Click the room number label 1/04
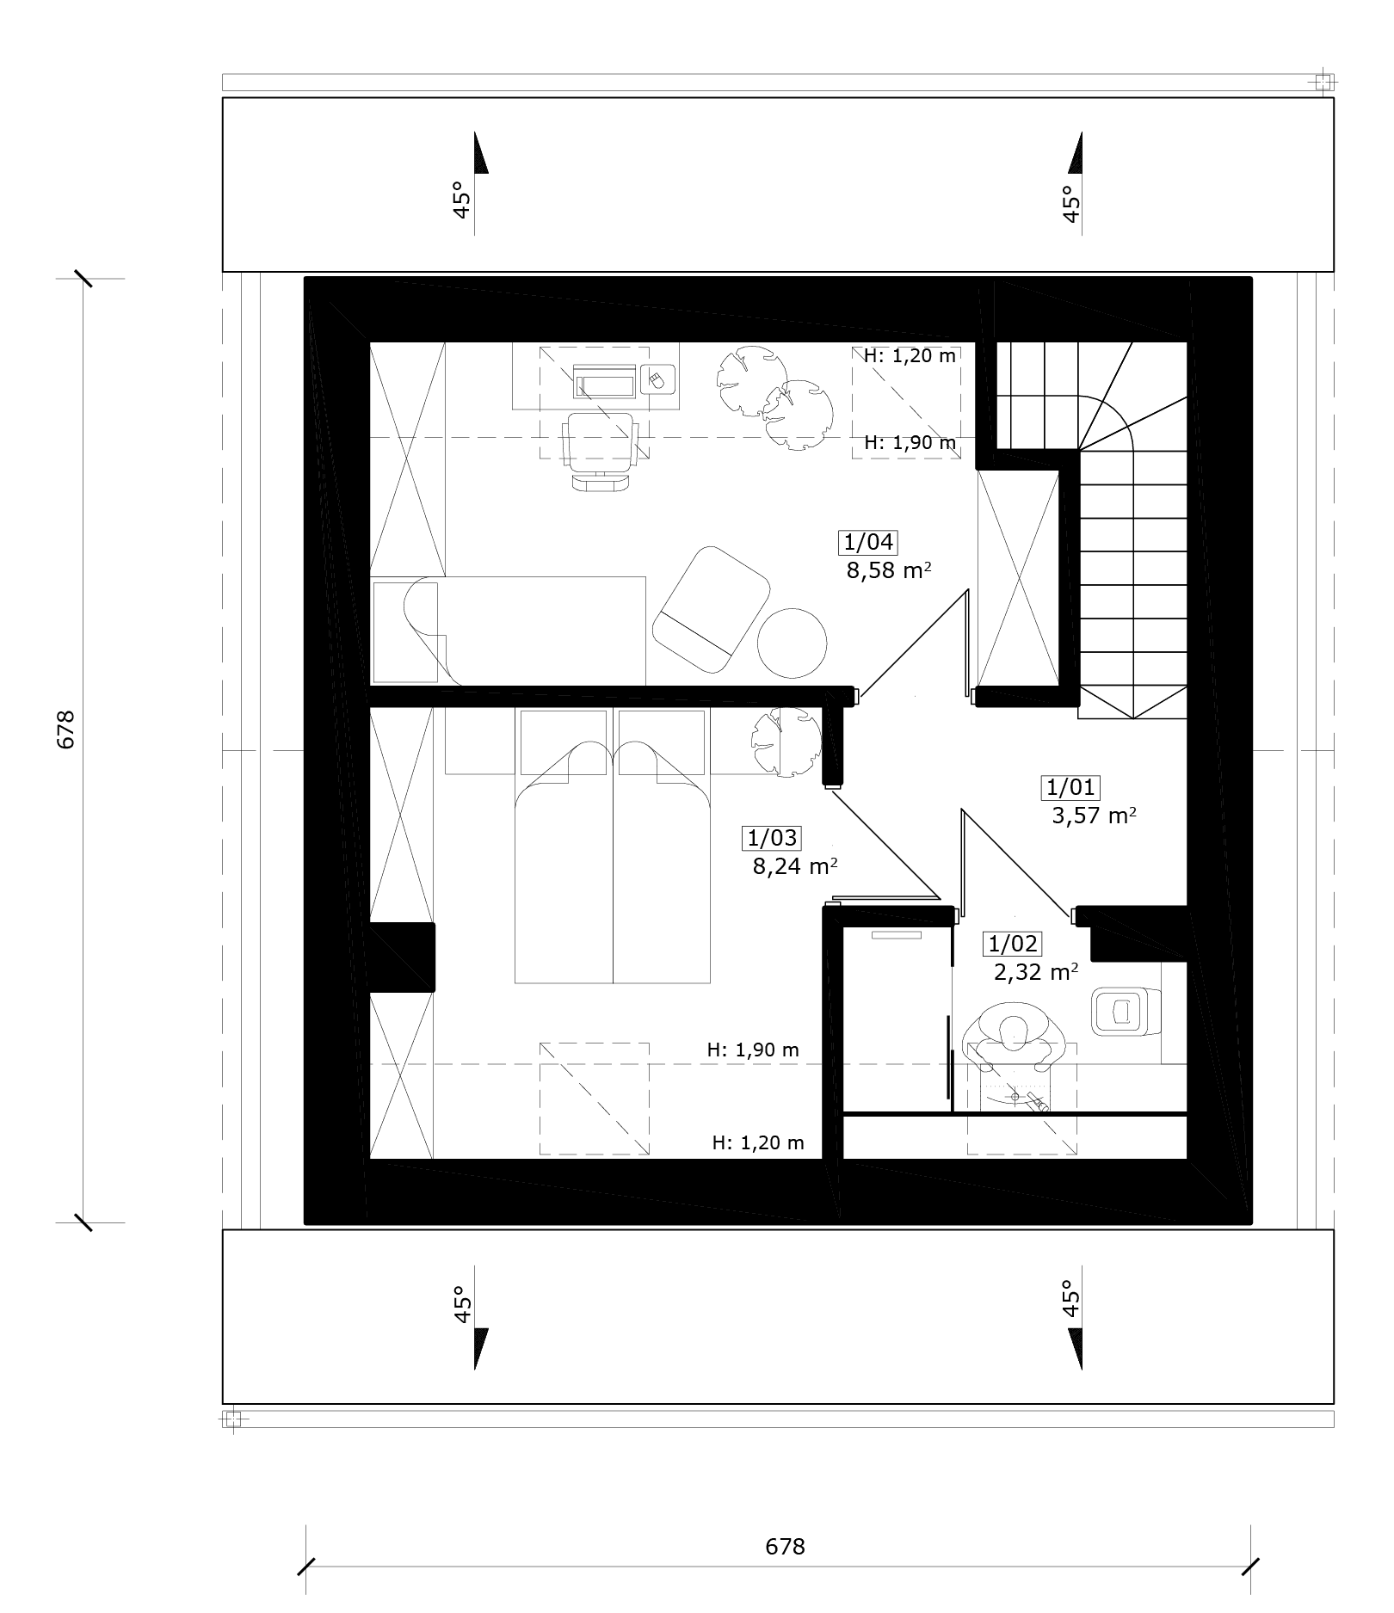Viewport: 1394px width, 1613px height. coord(869,542)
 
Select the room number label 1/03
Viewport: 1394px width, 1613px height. coord(773,837)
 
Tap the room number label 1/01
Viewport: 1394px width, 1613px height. coord(1071,786)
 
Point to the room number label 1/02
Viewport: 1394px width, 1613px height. coord(1013,944)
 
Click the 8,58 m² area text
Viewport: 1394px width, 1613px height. coord(889,570)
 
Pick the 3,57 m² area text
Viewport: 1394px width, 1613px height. coord(1094,815)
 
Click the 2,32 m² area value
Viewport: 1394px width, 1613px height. coord(1036,972)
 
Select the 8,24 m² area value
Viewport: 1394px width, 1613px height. coord(795,865)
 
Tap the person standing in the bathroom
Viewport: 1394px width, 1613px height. coord(1015,1038)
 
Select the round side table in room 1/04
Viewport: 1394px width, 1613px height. coord(792,643)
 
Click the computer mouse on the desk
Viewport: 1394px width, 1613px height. coord(657,379)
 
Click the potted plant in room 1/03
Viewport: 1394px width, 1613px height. coord(786,742)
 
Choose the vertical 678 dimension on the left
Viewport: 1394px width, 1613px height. coord(66,730)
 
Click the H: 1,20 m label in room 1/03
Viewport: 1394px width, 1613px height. coord(758,1142)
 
